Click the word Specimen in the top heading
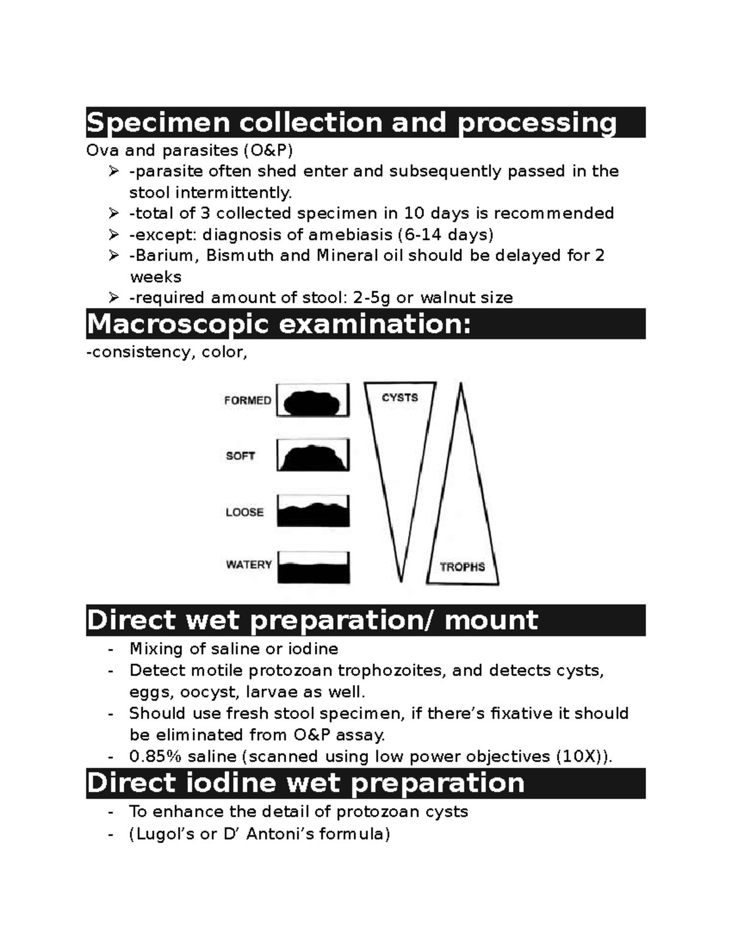[157, 123]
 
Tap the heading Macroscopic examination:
[279, 324]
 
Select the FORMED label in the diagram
[248, 401]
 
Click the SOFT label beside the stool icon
[240, 456]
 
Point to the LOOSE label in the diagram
[245, 512]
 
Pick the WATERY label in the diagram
[249, 565]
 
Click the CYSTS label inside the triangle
[400, 398]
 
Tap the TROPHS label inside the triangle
[462, 567]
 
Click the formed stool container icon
[313, 401]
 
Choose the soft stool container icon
[313, 456]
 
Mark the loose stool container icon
[313, 511]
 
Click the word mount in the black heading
[491, 620]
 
